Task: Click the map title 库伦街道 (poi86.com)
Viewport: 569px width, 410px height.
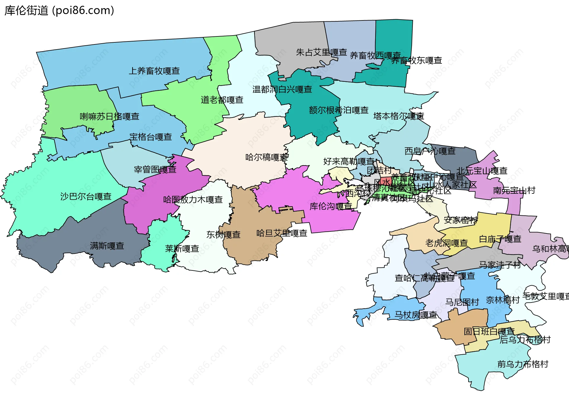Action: pyautogui.click(x=59, y=10)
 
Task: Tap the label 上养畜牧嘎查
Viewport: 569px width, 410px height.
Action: pyautogui.click(x=154, y=71)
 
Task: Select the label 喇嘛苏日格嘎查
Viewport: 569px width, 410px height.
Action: pyautogui.click(x=110, y=116)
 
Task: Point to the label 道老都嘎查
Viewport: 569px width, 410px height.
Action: pyautogui.click(x=222, y=100)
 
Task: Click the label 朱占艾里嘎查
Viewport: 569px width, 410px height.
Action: pyautogui.click(x=322, y=52)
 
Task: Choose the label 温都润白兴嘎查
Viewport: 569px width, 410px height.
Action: pyautogui.click(x=282, y=89)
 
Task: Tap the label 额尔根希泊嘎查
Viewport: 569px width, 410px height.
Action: pyautogui.click(x=339, y=110)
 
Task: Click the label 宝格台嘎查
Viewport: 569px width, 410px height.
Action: pyautogui.click(x=151, y=137)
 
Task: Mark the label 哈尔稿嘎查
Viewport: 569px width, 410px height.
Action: pyautogui.click(x=267, y=157)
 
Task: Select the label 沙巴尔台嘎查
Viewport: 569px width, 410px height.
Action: pyautogui.click(x=86, y=196)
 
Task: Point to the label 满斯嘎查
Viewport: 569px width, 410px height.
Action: pyautogui.click(x=107, y=246)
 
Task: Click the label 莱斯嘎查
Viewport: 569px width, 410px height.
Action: pyautogui.click(x=182, y=249)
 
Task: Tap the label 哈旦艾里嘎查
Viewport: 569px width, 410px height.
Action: pyautogui.click(x=282, y=233)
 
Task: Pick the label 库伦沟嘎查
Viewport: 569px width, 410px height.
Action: pyautogui.click(x=331, y=206)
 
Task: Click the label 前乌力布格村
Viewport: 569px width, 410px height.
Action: pyautogui.click(x=523, y=364)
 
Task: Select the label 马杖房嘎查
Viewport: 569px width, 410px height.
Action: pyautogui.click(x=416, y=315)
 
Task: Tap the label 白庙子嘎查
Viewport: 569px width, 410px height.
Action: pyautogui.click(x=500, y=239)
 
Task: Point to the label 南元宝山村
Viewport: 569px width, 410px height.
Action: pyautogui.click(x=514, y=190)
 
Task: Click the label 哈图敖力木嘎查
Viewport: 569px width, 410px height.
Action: pyautogui.click(x=193, y=200)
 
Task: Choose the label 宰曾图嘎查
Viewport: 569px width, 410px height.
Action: pyautogui.click(x=155, y=169)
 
